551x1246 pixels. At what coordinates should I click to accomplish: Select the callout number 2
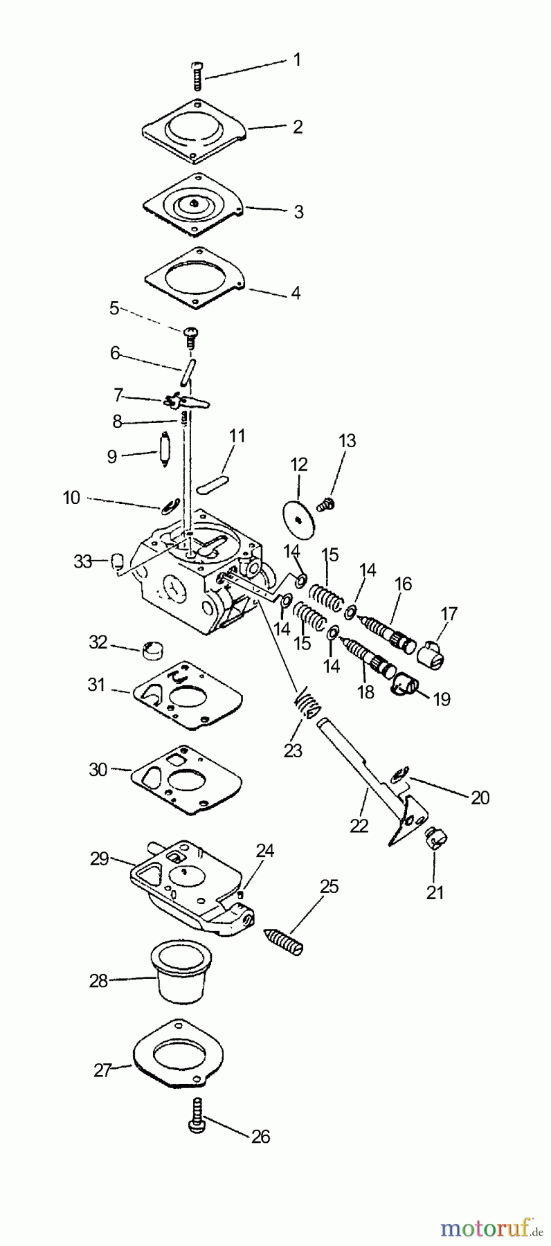pos(298,127)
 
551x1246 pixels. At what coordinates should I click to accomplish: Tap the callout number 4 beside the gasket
pos(296,293)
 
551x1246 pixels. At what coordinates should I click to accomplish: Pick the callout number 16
pos(403,584)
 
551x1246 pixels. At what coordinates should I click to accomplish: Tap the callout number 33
pos(82,561)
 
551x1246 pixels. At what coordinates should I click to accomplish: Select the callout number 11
pos(237,436)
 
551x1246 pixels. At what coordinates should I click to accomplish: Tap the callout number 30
pos(98,769)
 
